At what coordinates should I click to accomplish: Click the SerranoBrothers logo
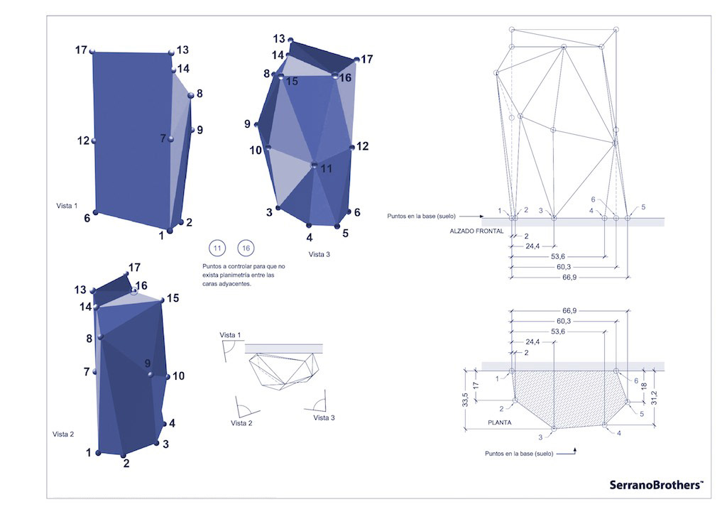pos(656,484)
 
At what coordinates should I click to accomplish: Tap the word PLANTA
pos(500,422)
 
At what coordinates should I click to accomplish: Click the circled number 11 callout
pos(217,248)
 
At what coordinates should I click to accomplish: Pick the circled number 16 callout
pos(246,248)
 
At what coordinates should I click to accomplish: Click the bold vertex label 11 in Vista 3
pos(326,169)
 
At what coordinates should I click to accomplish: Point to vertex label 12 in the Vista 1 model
pos(83,141)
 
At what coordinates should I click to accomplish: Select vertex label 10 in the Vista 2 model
pos(178,376)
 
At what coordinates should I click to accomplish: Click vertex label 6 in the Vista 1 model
pos(87,218)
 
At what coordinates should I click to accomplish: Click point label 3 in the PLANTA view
pos(540,437)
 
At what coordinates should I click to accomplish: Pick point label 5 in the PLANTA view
pos(642,413)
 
